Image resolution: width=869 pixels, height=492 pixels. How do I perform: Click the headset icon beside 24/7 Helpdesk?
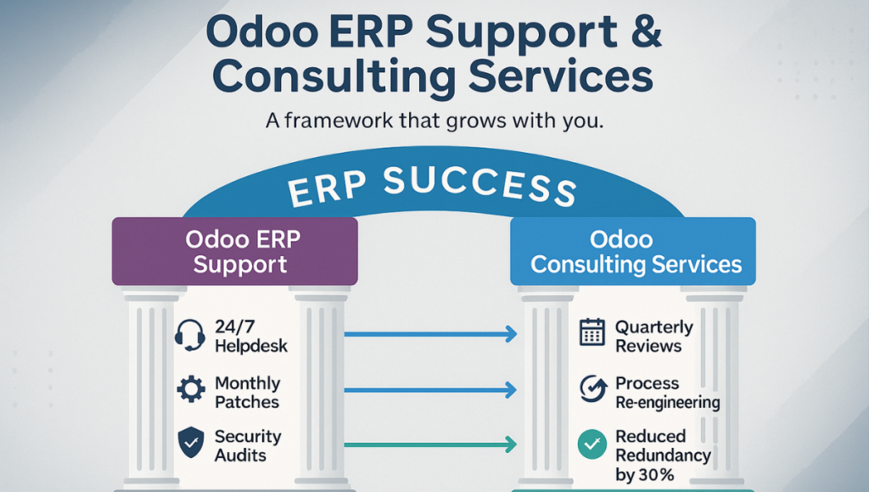189,335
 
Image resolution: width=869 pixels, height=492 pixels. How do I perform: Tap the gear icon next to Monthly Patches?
191,389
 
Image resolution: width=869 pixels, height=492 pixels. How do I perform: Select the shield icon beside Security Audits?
191,442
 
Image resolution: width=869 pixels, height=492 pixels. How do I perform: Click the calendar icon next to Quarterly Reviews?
591,332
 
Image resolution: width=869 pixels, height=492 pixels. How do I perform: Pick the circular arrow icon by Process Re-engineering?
592,389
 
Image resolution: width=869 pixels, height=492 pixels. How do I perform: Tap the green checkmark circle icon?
591,444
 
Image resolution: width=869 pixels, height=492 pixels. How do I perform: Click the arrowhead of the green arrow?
511,444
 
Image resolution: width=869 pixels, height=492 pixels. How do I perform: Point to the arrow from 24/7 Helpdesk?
430,334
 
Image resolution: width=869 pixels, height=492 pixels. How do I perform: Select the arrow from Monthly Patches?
430,390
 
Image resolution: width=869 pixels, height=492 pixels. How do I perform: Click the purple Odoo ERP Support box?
235,251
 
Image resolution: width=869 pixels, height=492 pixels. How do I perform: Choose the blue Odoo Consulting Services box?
633,251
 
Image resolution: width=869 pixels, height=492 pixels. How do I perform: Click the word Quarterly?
654,327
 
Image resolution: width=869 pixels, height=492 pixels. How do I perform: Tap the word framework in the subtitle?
339,120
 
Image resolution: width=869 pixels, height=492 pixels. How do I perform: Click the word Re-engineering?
668,403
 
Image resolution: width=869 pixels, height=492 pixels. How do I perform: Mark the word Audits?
240,456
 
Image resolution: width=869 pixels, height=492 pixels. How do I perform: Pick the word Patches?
247,402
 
